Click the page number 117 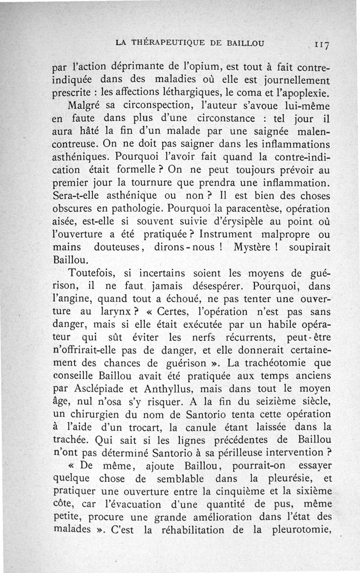(x=323, y=44)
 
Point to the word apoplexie (x=304, y=94)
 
